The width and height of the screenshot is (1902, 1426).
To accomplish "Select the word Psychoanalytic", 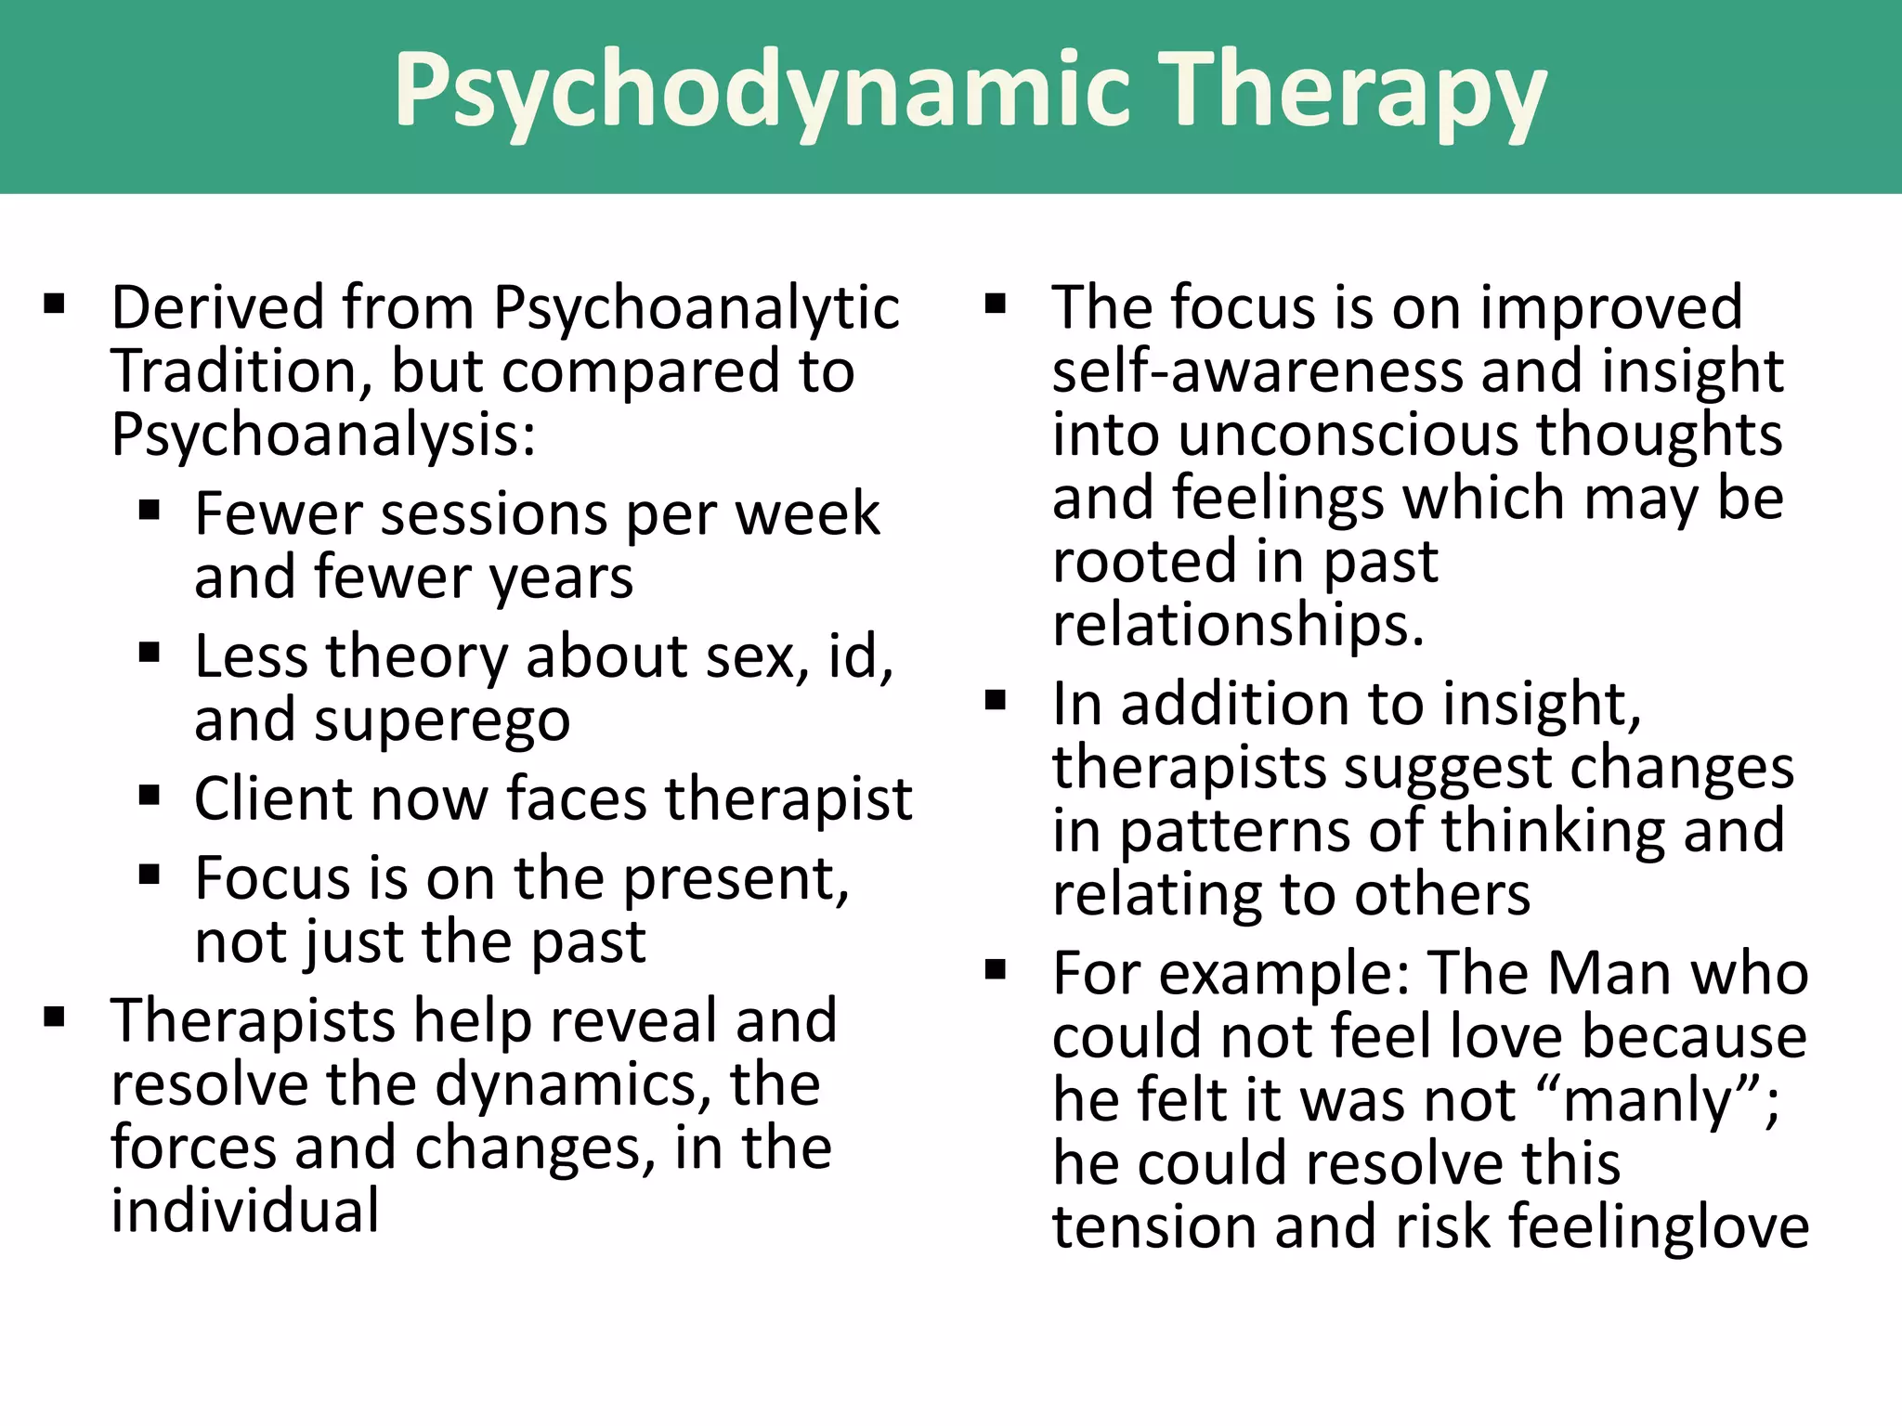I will pyautogui.click(x=696, y=308).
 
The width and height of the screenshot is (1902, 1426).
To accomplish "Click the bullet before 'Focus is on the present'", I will pyautogui.click(x=150, y=875).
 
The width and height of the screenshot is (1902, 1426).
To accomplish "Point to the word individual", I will pyautogui.click(x=245, y=1212).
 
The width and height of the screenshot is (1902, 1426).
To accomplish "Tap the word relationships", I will pyautogui.click(x=1237, y=625).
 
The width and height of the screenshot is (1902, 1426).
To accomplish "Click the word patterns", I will pyautogui.click(x=1236, y=831).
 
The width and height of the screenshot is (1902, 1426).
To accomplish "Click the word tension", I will pyautogui.click(x=1154, y=1227).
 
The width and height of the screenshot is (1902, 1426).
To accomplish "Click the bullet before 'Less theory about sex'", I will pyautogui.click(x=150, y=653).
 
